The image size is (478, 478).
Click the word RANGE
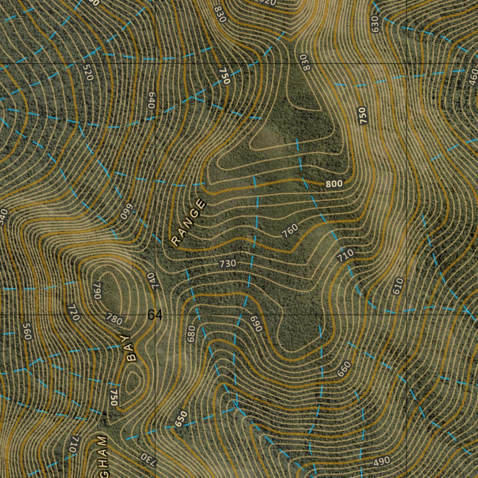[x=189, y=222]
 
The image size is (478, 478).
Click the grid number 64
[x=155, y=316]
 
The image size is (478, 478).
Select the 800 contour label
[x=334, y=184]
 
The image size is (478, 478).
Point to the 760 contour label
[x=290, y=230]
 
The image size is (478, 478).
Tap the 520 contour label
[x=87, y=72]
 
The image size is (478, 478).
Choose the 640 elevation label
[x=151, y=100]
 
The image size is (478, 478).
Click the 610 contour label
[x=397, y=286]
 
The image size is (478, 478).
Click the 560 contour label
[x=27, y=331]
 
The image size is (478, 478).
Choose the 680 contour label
[x=190, y=334]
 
